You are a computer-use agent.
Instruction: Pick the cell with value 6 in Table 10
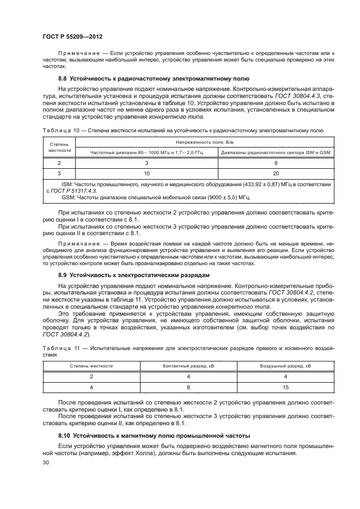277,163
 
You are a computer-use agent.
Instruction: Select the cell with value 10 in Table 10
147,174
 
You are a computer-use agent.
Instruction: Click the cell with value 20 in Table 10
277,174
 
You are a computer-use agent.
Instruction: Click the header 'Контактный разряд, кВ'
188,366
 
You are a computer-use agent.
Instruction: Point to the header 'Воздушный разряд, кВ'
285,366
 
